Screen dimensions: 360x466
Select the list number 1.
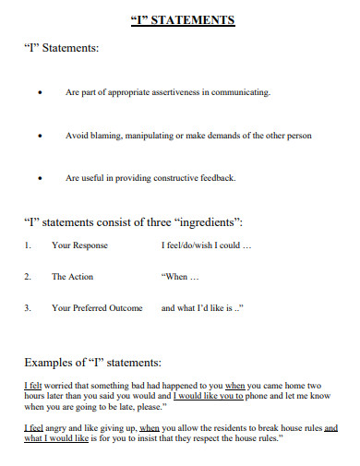tap(28, 246)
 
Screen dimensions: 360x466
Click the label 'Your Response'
tap(79, 246)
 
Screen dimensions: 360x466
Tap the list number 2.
tap(28, 277)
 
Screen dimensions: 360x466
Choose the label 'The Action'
tap(72, 277)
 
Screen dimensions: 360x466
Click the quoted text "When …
tap(182, 277)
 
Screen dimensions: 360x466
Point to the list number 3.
tap(28, 308)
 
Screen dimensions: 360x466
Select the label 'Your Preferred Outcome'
tap(98, 308)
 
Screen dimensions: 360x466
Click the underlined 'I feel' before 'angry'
tap(33, 427)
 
